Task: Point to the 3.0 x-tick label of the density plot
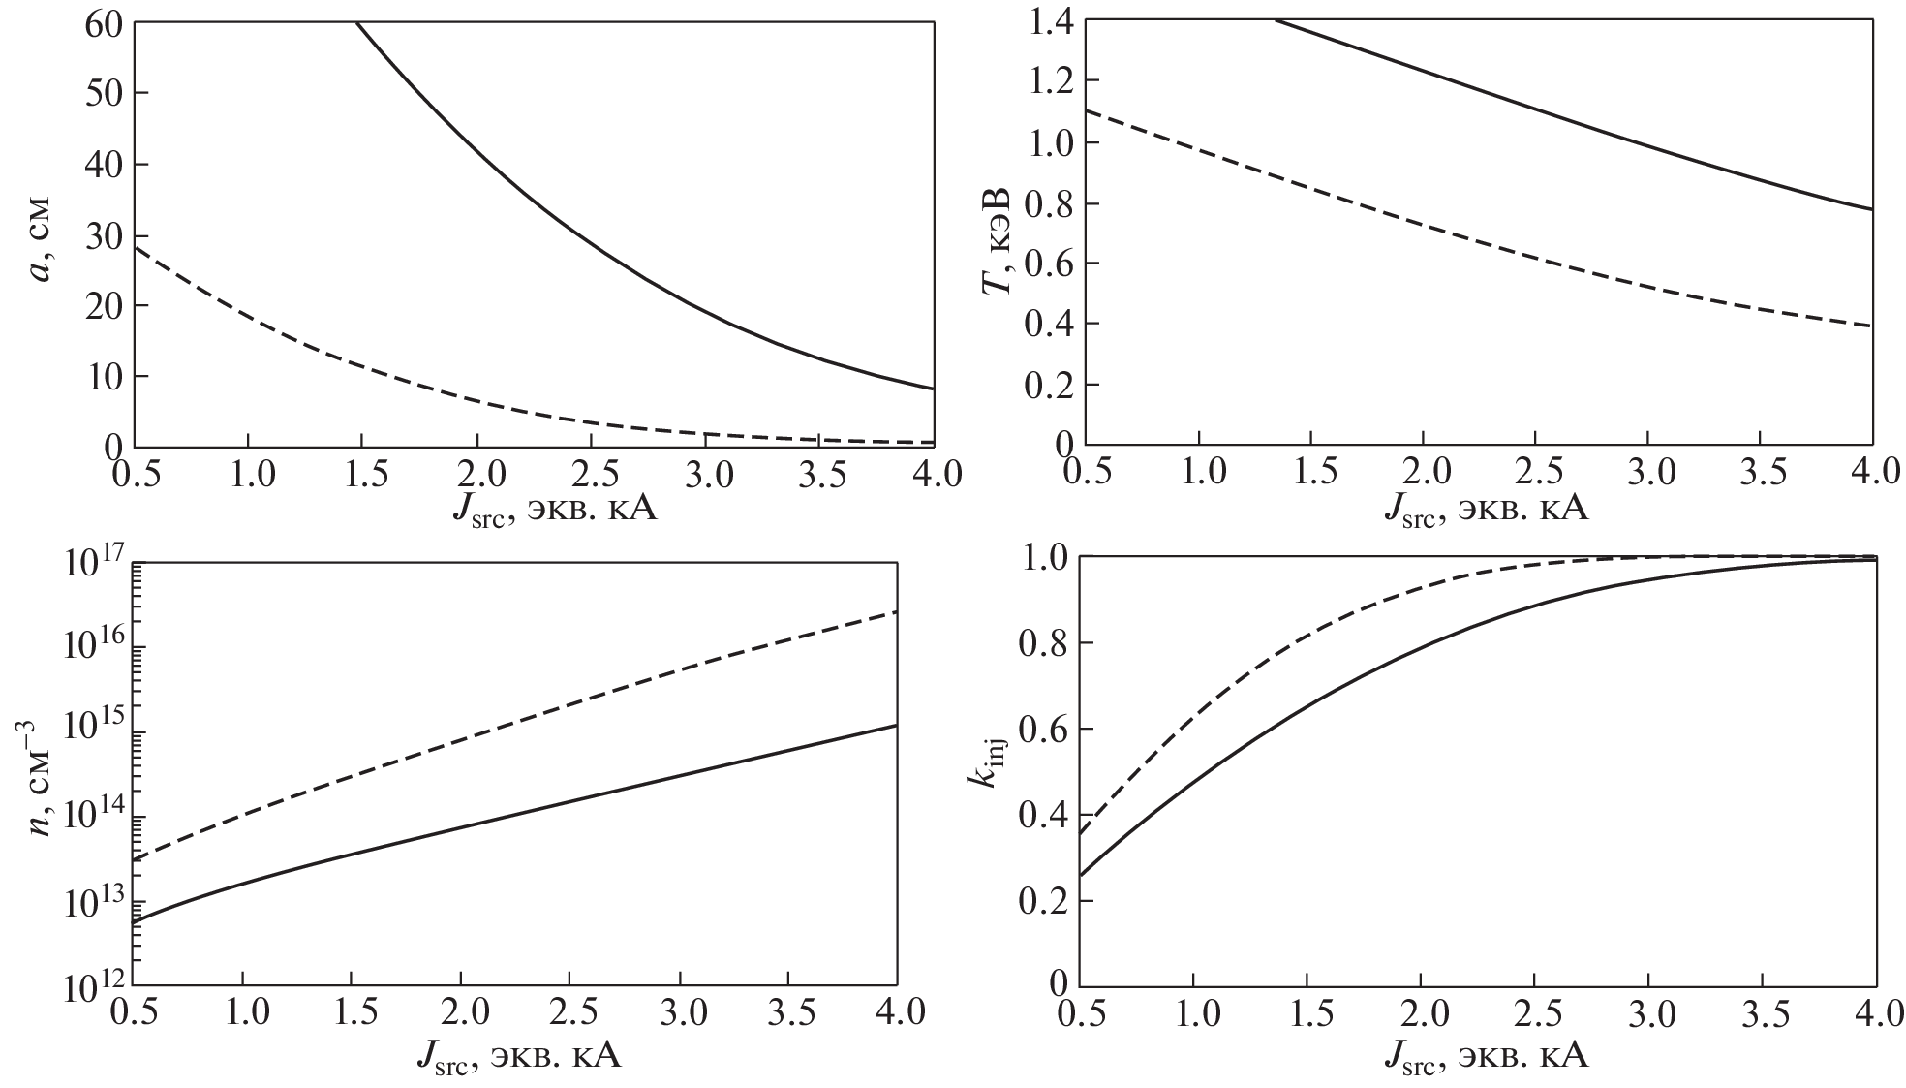(x=681, y=1015)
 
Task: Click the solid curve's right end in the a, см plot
(x=933, y=389)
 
